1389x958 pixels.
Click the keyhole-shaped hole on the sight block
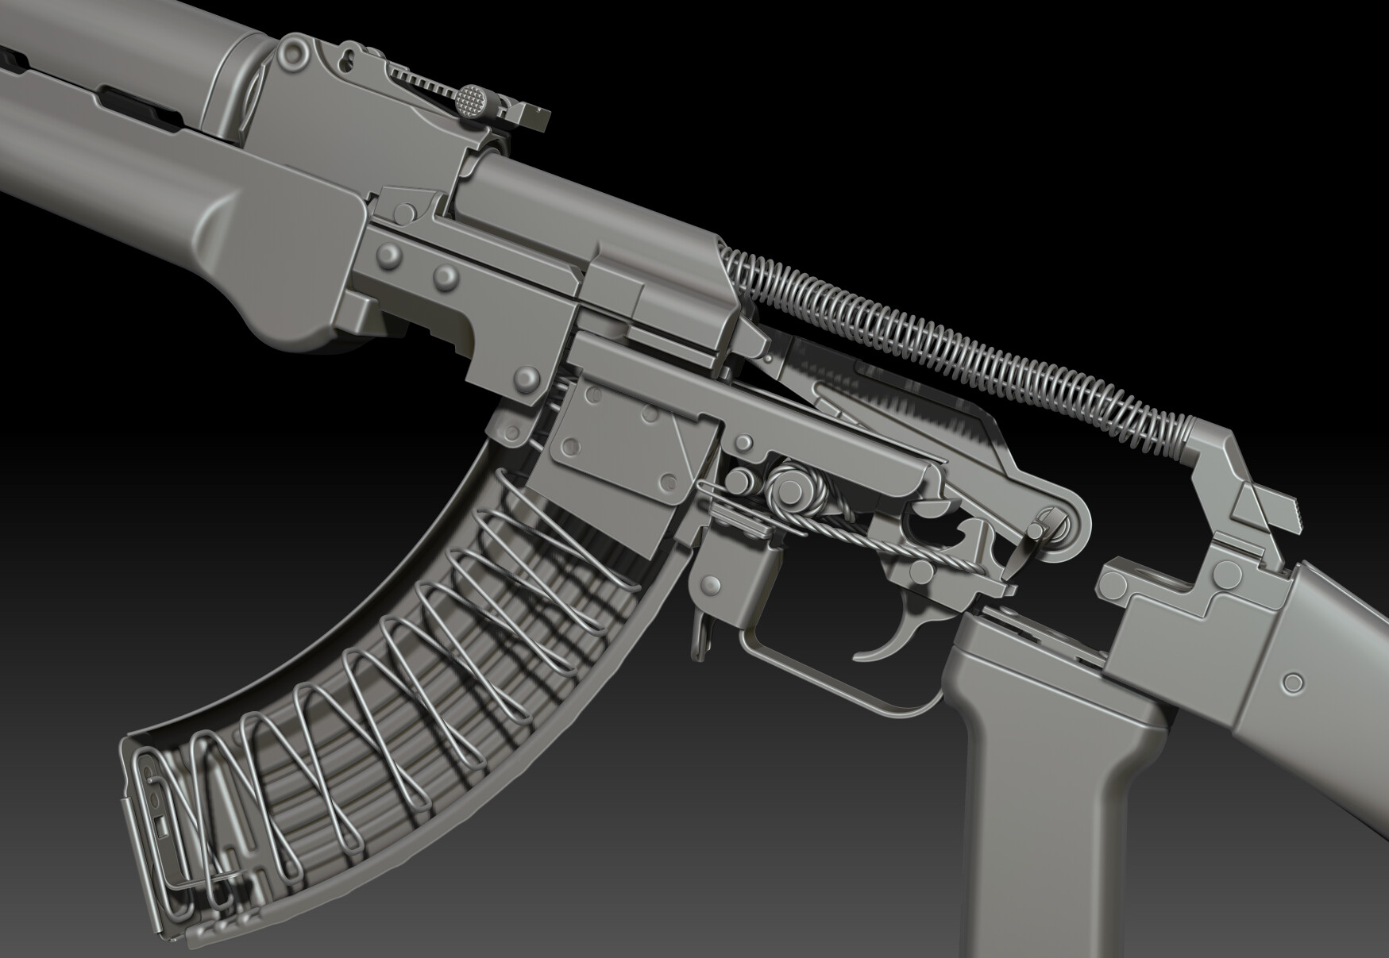coord(347,59)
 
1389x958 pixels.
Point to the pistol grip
coord(1048,762)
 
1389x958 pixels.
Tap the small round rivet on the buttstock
coord(1293,682)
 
